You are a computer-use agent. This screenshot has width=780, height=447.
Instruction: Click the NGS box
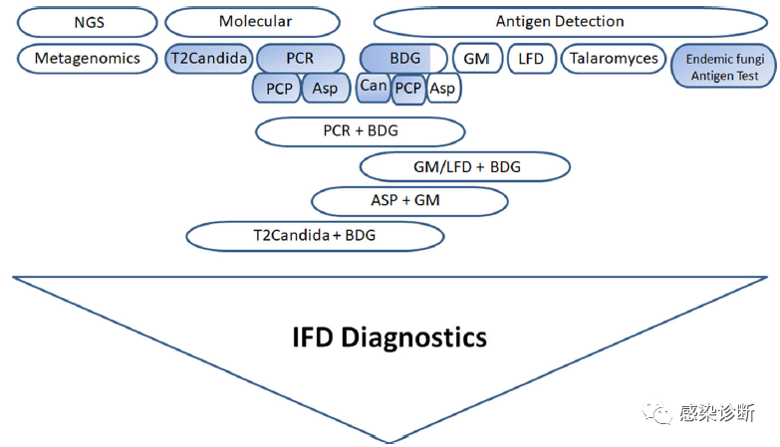pyautogui.click(x=88, y=22)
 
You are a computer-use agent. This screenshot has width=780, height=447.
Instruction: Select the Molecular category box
pyautogui.click(x=255, y=22)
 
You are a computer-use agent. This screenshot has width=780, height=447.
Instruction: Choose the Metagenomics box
pyautogui.click(x=88, y=59)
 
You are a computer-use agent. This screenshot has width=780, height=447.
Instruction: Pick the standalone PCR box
pyautogui.click(x=300, y=59)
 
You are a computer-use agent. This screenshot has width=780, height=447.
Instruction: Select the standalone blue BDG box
pyautogui.click(x=403, y=59)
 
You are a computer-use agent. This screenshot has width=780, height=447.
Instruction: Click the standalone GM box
pyautogui.click(x=476, y=59)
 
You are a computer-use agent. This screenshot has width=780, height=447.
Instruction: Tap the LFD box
pyautogui.click(x=531, y=59)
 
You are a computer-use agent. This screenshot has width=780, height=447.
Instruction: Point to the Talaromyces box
pyautogui.click(x=614, y=59)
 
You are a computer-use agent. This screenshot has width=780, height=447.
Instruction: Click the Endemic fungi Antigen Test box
pyautogui.click(x=721, y=67)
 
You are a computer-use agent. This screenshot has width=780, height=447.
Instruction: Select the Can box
pyautogui.click(x=374, y=87)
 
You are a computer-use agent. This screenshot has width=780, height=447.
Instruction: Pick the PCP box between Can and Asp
pyautogui.click(x=408, y=89)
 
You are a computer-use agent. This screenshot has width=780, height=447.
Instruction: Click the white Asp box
pyautogui.click(x=443, y=89)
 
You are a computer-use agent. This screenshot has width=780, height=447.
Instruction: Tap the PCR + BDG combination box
pyautogui.click(x=360, y=130)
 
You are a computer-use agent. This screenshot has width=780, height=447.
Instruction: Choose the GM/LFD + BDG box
pyautogui.click(x=465, y=166)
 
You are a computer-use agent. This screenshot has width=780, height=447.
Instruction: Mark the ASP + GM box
pyautogui.click(x=409, y=201)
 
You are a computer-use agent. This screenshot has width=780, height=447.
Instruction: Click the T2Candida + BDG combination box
pyautogui.click(x=314, y=236)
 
